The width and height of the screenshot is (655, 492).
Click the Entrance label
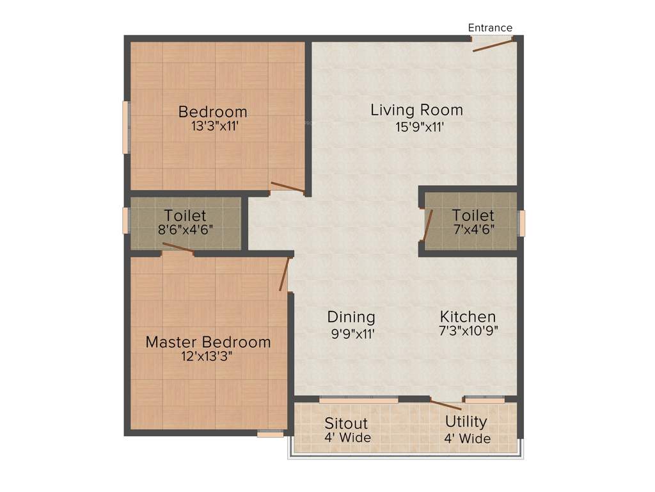tap(490, 28)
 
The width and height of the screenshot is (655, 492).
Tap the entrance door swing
tap(493, 44)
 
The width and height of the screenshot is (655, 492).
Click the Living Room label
tap(416, 110)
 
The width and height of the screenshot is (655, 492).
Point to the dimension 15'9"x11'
tap(420, 127)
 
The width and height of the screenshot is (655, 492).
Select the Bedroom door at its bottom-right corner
tap(287, 187)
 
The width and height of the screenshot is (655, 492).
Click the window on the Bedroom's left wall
tap(126, 127)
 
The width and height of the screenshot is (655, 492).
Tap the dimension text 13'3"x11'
tap(215, 126)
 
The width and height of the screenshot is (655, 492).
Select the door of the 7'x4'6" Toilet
tap(428, 225)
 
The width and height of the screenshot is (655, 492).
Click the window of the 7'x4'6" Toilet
tap(521, 223)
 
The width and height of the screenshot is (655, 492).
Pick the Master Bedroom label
tap(208, 342)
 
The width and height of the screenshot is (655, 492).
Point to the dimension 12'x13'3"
tap(207, 357)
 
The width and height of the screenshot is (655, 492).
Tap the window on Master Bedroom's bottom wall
tap(270, 434)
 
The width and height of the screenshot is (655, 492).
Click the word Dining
tap(351, 316)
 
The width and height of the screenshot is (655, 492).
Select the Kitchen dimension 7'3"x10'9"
tap(468, 331)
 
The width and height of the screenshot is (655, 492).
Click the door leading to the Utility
tap(445, 404)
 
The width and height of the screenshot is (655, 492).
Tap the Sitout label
tap(346, 423)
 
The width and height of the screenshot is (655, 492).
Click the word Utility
tap(466, 422)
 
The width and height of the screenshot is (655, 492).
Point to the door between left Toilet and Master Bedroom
tap(178, 249)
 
